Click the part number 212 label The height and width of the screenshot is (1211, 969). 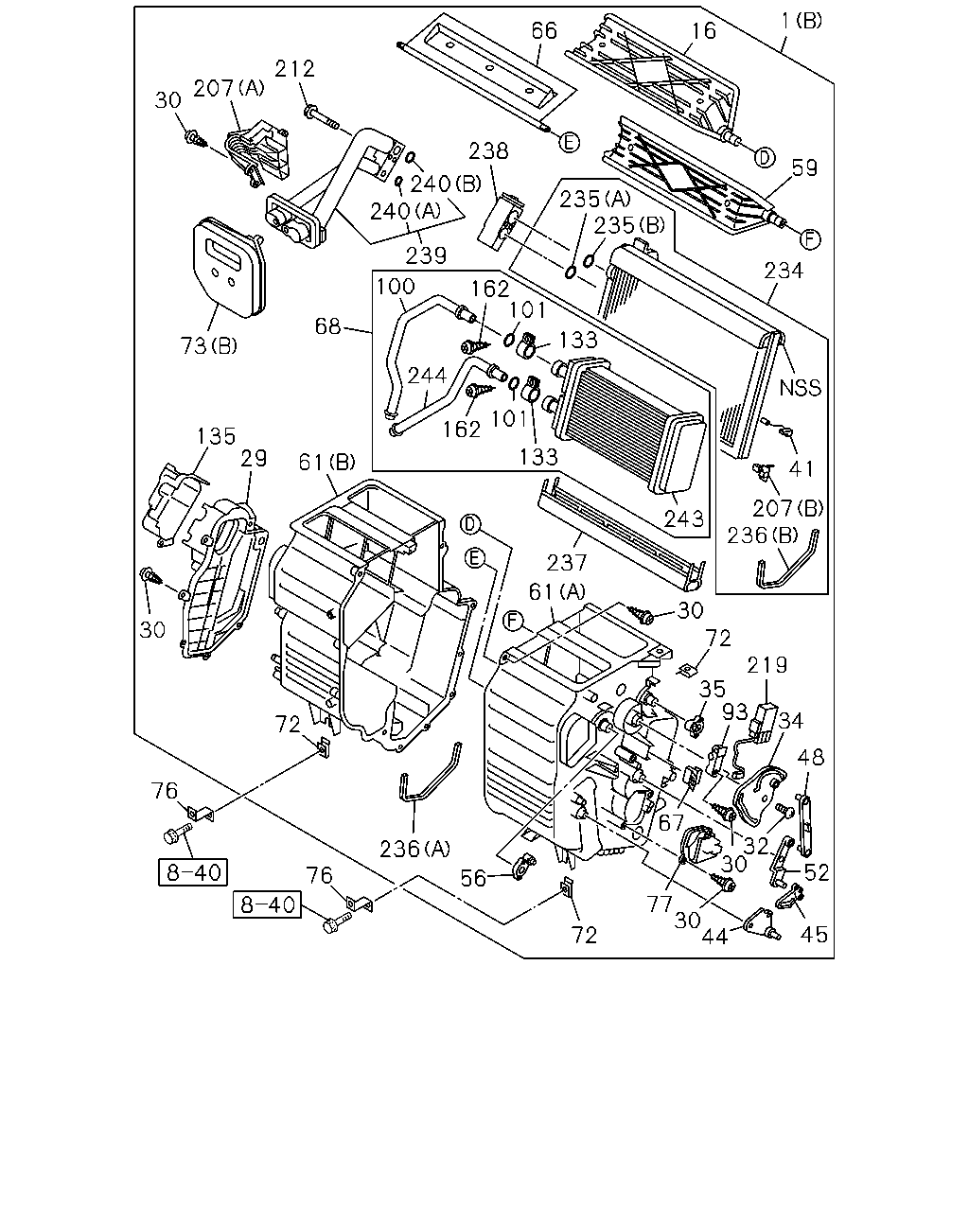pos(294,69)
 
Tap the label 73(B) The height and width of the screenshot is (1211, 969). pos(209,345)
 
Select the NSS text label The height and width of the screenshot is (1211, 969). pos(800,388)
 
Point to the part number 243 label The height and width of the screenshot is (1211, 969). pos(684,518)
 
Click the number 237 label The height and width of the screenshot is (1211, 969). pos(567,562)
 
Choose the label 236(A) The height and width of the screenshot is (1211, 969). pos(415,849)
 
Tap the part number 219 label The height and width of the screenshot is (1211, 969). pos(766,665)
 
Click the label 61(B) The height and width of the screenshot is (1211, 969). pos(327,462)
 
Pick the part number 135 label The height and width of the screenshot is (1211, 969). pos(216,436)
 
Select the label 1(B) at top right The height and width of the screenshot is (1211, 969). pos(802,22)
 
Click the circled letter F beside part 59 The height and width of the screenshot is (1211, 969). pos(810,239)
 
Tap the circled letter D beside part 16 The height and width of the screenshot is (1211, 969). pos(765,158)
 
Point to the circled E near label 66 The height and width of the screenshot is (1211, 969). pos(570,142)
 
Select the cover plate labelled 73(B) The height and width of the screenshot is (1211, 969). pos(229,268)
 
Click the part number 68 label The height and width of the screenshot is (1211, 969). pos(327,325)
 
